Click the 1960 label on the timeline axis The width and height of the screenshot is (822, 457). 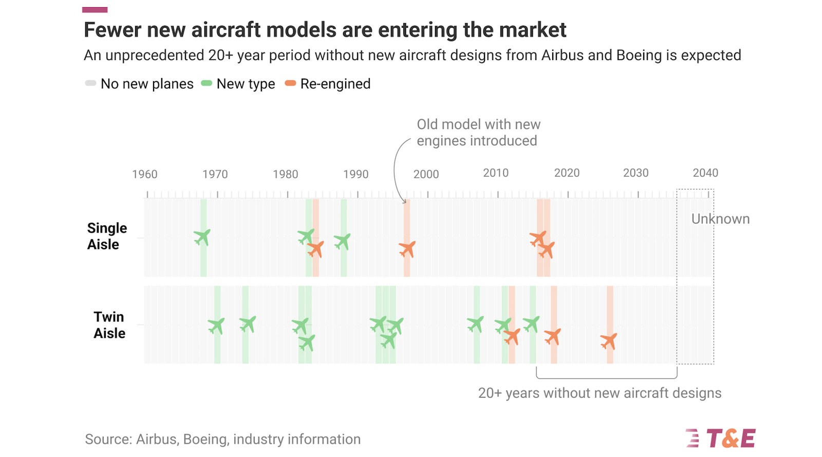click(144, 174)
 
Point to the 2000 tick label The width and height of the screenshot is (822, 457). click(426, 174)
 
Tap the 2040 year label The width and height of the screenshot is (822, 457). click(705, 173)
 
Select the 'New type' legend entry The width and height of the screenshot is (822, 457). click(239, 84)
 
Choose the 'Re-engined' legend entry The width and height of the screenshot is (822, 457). click(328, 84)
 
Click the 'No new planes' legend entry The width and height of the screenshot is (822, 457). click(140, 84)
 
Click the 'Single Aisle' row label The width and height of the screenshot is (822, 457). click(106, 236)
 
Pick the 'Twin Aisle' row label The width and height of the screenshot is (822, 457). click(109, 325)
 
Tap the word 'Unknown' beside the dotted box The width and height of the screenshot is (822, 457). click(720, 219)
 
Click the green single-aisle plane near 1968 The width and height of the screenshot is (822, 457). click(202, 237)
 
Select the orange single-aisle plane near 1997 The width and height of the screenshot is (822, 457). click(407, 250)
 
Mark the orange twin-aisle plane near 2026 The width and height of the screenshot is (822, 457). click(609, 341)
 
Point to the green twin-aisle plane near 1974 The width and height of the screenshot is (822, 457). click(248, 324)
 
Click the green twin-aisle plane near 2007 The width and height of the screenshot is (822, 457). click(476, 325)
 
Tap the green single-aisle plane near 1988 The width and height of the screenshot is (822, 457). click(342, 241)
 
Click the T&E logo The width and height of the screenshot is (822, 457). click(720, 439)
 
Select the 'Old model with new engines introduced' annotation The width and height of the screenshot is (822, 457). click(478, 132)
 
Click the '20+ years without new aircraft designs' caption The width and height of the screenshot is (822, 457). click(600, 393)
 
